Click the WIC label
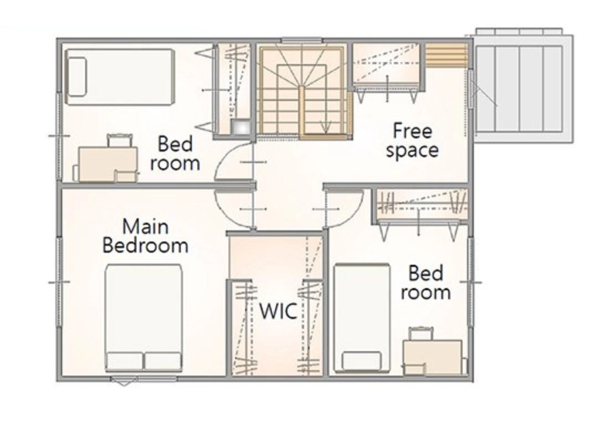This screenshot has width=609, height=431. pos(278,311)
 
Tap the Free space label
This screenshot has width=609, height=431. pos(412,140)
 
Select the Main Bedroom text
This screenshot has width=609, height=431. pos(145,236)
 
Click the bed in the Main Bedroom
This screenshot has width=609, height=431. pos(144,318)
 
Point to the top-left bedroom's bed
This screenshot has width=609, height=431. pos(119,76)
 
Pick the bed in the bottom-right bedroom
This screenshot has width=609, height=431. pos(362,318)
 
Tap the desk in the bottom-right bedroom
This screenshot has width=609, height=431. pos(432,357)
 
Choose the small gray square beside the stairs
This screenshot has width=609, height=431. pos(240,126)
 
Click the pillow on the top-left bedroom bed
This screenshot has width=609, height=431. pos(77,76)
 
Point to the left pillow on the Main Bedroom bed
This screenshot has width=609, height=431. pos(124,361)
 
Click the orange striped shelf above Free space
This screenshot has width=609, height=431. pos(446,55)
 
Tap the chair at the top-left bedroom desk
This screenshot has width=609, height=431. pos(119,140)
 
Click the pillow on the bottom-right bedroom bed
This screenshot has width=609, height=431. pos(361,361)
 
